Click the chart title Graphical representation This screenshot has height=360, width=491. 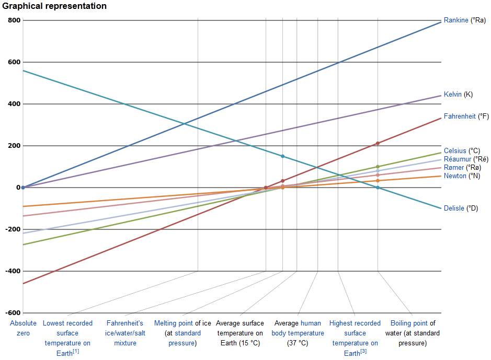pos(54,6)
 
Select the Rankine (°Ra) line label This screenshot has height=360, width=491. pos(464,20)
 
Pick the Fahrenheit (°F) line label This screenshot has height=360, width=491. pos(466,117)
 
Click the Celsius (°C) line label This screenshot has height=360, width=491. pos(462,151)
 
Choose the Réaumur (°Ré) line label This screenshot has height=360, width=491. pos(466,159)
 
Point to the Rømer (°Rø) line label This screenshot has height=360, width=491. pos(462,167)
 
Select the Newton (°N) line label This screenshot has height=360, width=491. pos(462,176)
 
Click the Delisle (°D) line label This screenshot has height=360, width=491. pos(461,208)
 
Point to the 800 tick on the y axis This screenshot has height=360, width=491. pos(14,20)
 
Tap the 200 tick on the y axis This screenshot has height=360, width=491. pos(14,146)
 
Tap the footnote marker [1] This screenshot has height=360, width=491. pos(76,351)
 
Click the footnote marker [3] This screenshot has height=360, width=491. pos(363,351)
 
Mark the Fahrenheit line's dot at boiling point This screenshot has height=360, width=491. pos(378,143)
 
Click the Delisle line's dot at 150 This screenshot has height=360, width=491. pos(282,156)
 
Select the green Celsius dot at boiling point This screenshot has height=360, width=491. pos(378,167)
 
